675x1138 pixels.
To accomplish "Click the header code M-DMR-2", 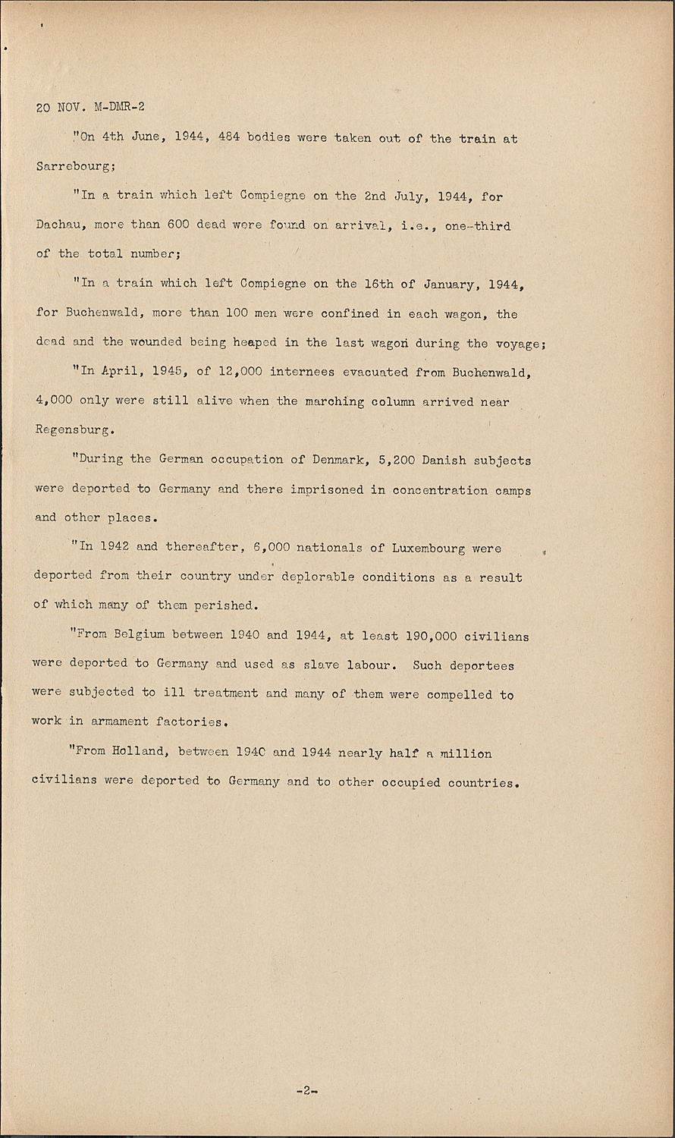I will [x=119, y=107].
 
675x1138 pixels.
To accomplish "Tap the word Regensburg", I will [x=74, y=429].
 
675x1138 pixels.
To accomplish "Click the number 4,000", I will [x=53, y=401].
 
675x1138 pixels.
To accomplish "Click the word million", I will [x=465, y=753].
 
